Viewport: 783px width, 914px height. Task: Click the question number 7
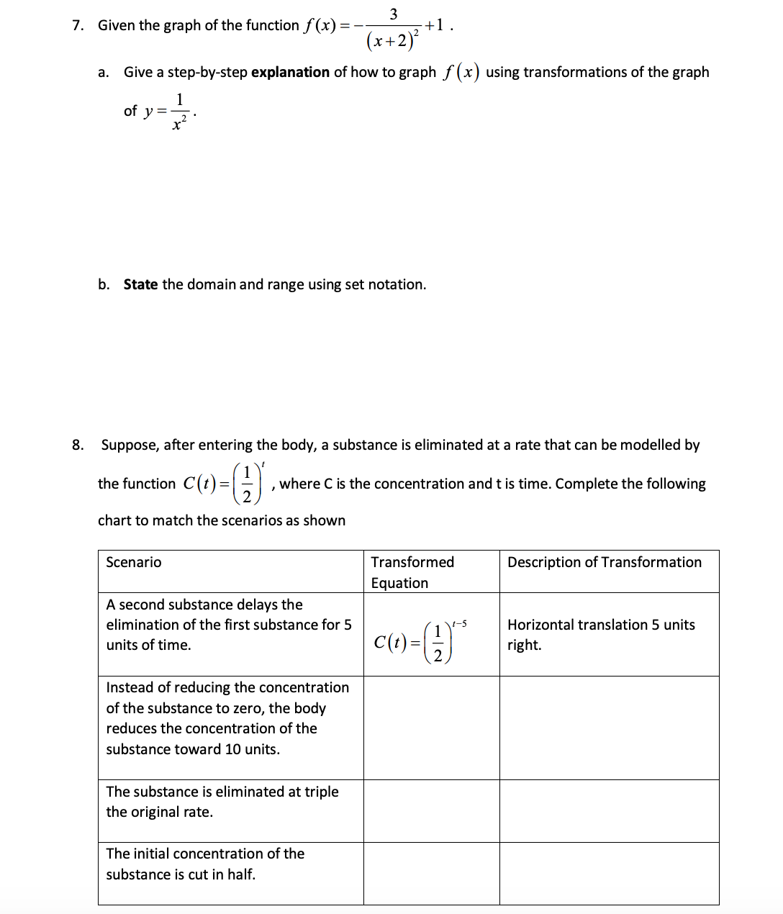coord(77,26)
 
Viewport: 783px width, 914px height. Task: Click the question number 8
coord(77,445)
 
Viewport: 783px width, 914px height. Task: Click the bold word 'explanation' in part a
coord(290,72)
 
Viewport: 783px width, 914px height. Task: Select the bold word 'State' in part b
coord(140,284)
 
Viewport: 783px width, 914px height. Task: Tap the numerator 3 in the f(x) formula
coord(393,14)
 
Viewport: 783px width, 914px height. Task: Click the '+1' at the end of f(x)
coord(435,25)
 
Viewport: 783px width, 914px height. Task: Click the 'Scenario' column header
coord(134,562)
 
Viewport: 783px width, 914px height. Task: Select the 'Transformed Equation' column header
coord(412,572)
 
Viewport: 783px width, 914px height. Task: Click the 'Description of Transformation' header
coord(604,562)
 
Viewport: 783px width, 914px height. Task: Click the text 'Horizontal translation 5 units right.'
coord(600,634)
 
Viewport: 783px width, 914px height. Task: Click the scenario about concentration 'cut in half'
coord(204,864)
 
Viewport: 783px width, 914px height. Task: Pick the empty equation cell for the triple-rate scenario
coord(431,811)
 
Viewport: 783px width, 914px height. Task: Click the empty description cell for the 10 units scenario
coord(609,728)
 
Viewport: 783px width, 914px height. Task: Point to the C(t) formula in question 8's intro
coord(225,483)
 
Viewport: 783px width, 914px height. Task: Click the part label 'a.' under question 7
coord(103,72)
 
